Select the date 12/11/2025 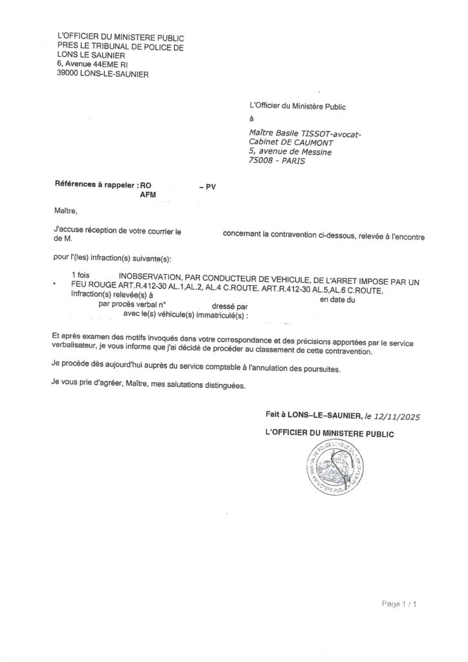[x=396, y=417]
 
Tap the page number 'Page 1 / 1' [x=399, y=604]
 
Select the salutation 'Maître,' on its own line [x=65, y=210]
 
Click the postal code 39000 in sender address [x=68, y=74]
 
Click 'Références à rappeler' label [x=96, y=184]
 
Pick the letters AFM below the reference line [x=149, y=194]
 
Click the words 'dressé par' [x=229, y=306]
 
